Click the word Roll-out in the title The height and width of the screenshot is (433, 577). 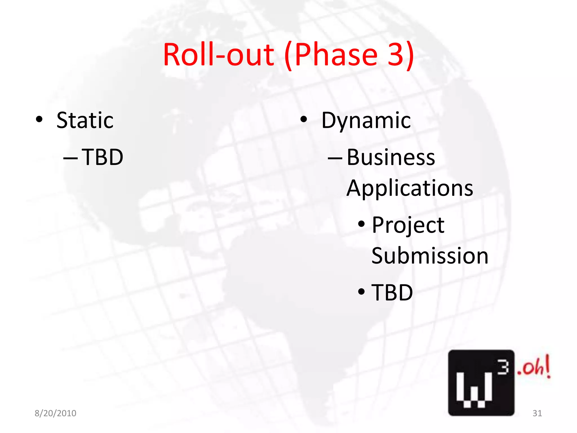tap(218, 55)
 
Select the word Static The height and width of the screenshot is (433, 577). tap(85, 121)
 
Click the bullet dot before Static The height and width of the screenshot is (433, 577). tap(39, 120)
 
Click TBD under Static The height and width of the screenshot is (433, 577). tap(103, 157)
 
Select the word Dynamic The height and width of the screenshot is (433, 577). tap(366, 121)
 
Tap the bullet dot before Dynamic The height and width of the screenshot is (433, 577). tap(303, 120)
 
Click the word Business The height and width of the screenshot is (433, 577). tap(391, 157)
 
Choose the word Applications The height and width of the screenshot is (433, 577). tap(410, 188)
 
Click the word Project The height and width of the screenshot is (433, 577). tap(408, 226)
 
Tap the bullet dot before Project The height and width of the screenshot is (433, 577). tap(361, 225)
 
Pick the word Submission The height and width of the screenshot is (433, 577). tap(430, 256)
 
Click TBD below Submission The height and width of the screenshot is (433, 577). tap(392, 293)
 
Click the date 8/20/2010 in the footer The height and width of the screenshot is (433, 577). tap(56, 413)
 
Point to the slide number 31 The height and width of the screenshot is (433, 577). tap(537, 413)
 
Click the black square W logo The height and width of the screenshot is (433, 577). tap(481, 383)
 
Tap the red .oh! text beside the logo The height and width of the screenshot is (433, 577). tap(533, 367)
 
